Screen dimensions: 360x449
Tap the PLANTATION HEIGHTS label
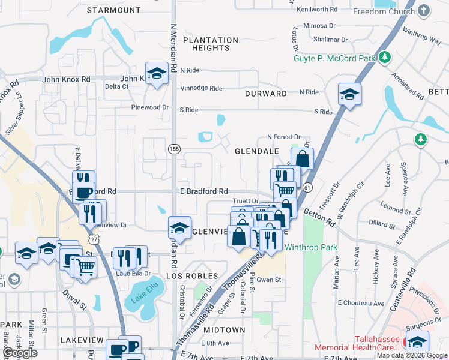pyautogui.click(x=211, y=44)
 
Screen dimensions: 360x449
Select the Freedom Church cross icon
pyautogui.click(x=424, y=11)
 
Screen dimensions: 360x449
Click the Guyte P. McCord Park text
pyautogui.click(x=334, y=58)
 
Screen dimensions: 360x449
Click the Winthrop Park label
pyautogui.click(x=310, y=247)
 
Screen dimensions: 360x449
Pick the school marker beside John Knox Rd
pyautogui.click(x=157, y=74)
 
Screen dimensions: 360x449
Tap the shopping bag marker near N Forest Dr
pyautogui.click(x=303, y=160)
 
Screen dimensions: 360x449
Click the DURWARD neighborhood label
pyautogui.click(x=266, y=94)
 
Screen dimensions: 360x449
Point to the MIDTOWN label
pyautogui.click(x=224, y=330)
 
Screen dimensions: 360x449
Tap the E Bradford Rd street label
pyautogui.click(x=204, y=191)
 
